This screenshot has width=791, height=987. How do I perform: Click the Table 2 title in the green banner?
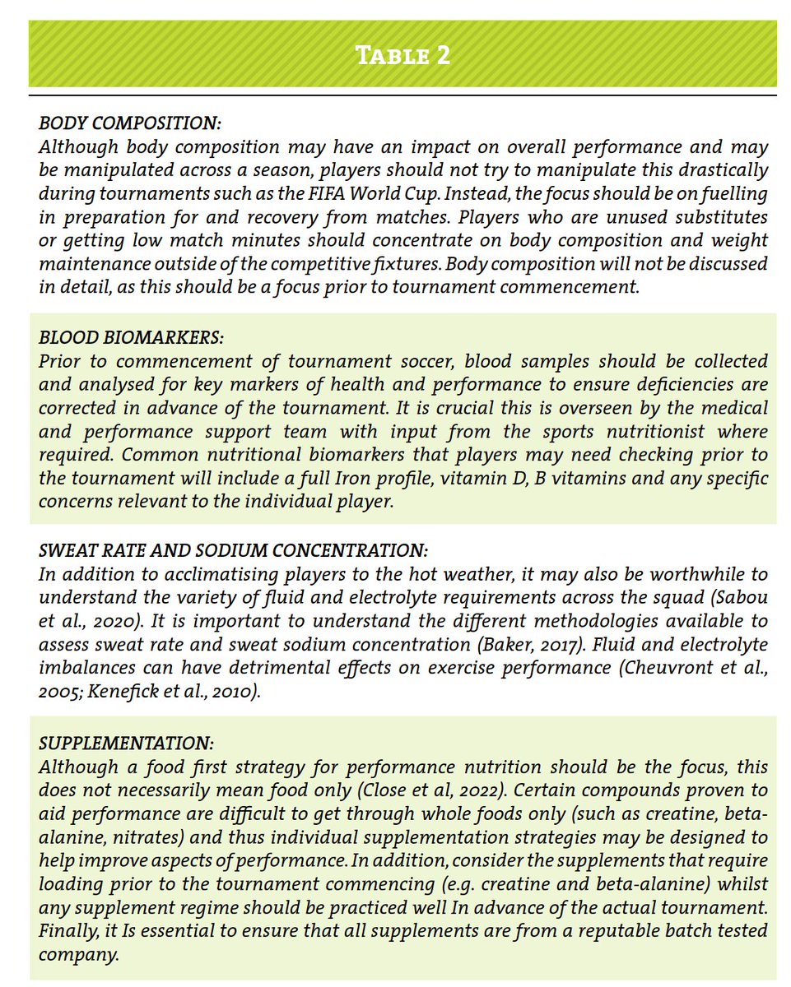coord(402,57)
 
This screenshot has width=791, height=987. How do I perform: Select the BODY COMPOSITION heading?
coord(130,124)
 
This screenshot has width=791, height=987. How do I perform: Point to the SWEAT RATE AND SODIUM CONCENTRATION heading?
coord(234,550)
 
